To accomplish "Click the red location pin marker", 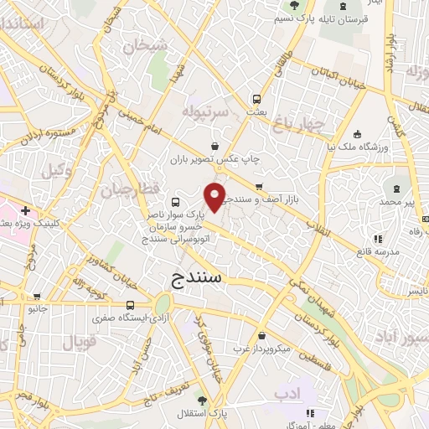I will pyautogui.click(x=215, y=198).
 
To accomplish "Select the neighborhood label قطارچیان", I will pyautogui.click(x=130, y=190).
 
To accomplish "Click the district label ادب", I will pyautogui.click(x=286, y=392).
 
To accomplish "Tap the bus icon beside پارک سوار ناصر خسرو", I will pyautogui.click(x=176, y=202).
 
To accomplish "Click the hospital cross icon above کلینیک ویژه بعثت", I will pyautogui.click(x=26, y=210).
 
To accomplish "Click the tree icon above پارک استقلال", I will pyautogui.click(x=199, y=396).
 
